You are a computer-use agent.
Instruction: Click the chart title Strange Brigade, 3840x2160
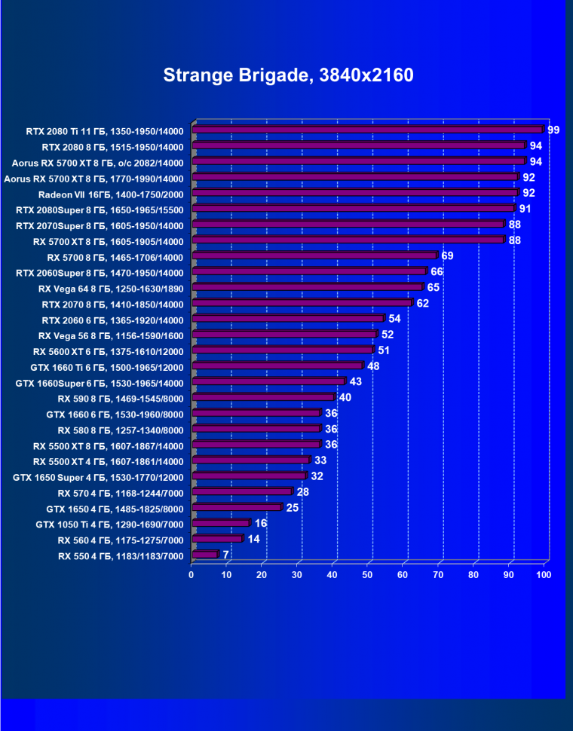pos(288,75)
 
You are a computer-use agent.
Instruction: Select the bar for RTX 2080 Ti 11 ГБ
pos(367,130)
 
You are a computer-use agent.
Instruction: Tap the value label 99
pos(553,130)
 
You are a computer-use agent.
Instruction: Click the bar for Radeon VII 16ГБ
pos(355,194)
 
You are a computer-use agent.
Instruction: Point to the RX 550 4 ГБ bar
pos(204,555)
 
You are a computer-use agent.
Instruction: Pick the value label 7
pos(225,555)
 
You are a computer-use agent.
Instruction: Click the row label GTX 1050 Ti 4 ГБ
pos(109,524)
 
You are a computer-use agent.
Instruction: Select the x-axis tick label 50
pos(368,575)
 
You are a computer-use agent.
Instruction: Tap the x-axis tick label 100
pos(544,575)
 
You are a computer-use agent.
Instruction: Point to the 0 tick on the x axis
pos(192,575)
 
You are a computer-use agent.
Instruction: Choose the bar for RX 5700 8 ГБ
pos(314,256)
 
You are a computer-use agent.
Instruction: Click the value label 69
pos(447,256)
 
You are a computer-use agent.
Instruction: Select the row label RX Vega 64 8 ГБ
pos(111,288)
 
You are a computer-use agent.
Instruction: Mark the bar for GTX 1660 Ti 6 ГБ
pos(277,366)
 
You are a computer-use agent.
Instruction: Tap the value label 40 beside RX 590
pos(345,397)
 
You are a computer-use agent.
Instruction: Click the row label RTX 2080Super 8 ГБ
pos(100,209)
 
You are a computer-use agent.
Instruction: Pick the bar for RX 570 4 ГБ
pos(242,492)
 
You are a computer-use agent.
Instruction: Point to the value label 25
pos(292,507)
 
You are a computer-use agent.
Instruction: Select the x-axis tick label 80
pos(473,575)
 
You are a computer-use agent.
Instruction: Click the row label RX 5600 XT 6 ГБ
pos(108,350)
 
